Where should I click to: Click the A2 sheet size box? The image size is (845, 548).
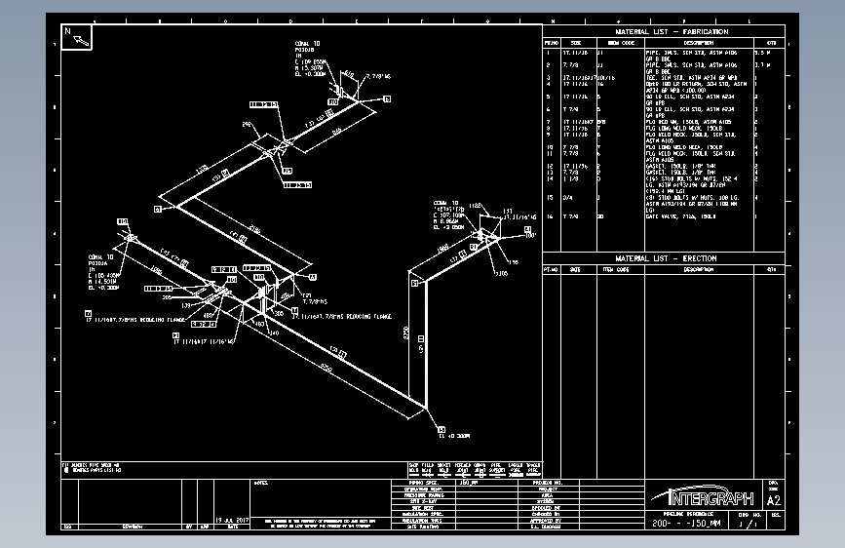click(x=774, y=500)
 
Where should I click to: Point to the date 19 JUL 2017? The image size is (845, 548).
click(x=233, y=521)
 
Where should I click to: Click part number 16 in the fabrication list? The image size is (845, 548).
click(x=550, y=216)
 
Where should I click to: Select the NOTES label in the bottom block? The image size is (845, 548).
click(x=261, y=482)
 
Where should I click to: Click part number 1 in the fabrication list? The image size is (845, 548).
click(x=549, y=51)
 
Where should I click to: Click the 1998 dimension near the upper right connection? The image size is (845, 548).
click(x=442, y=251)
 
